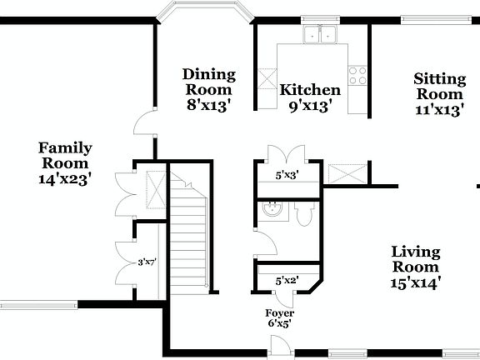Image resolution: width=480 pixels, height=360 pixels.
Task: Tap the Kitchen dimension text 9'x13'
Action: pyautogui.click(x=310, y=106)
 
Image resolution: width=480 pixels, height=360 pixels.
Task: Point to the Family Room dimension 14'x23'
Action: pyautogui.click(x=65, y=177)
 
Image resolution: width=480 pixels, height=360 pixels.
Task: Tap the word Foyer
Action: pyautogui.click(x=279, y=313)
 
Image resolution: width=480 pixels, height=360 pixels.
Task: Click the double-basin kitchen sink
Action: pyautogui.click(x=320, y=35)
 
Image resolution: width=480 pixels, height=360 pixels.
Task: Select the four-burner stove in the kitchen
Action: pyautogui.click(x=358, y=76)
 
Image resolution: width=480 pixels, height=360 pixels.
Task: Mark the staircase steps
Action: pyautogui.click(x=189, y=233)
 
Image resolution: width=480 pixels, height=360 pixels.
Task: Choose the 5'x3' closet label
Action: pyautogui.click(x=287, y=176)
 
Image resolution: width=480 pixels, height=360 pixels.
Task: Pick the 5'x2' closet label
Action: pyautogui.click(x=287, y=282)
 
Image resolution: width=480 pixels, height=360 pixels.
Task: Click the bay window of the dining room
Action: pyautogui.click(x=205, y=12)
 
